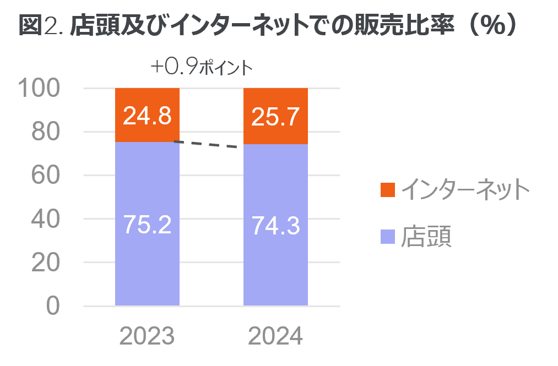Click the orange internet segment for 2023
(x=147, y=130)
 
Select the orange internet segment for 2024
(x=275, y=132)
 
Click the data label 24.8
(x=147, y=116)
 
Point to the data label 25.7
(x=275, y=116)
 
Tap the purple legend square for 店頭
(x=388, y=237)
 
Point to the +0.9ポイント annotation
(x=201, y=68)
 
